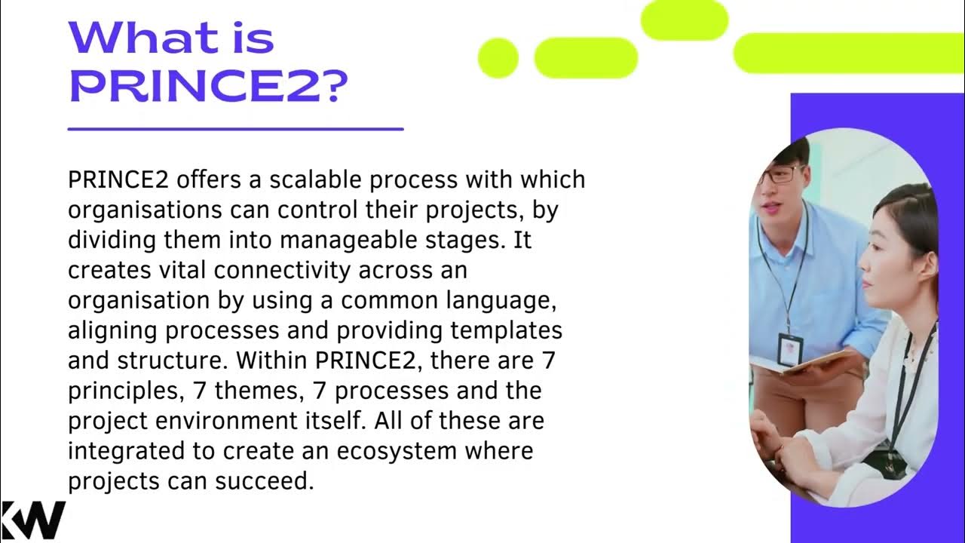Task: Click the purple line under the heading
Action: pyautogui.click(x=235, y=129)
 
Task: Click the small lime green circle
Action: pyautogui.click(x=498, y=58)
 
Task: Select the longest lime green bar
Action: pyautogui.click(x=848, y=53)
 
